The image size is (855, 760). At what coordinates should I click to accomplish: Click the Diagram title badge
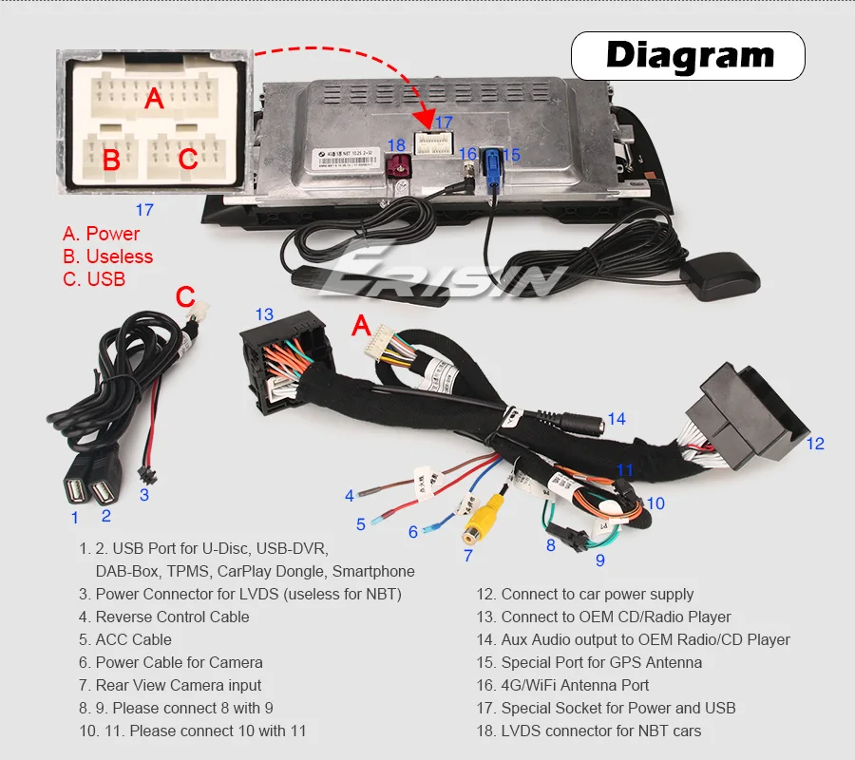point(690,55)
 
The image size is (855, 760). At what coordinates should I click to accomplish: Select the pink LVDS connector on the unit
point(398,172)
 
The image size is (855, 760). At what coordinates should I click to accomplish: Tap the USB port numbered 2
point(102,489)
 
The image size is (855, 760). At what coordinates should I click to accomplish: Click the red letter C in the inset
point(188,159)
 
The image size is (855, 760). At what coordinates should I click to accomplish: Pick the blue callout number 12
point(815,444)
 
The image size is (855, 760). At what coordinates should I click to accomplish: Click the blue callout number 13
point(263,314)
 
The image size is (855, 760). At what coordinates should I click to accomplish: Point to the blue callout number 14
point(617,419)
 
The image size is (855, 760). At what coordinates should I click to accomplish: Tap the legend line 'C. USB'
point(94,279)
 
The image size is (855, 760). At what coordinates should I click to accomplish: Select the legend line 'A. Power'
point(101,234)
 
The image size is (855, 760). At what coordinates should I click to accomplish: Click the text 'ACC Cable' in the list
point(133,639)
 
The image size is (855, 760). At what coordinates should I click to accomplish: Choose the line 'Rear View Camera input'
point(179,685)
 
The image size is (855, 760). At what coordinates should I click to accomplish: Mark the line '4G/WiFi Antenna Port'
point(575,685)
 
